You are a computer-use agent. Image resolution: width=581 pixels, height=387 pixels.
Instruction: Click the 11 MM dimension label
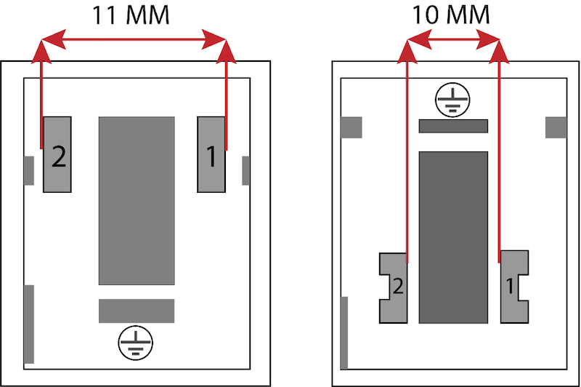pyautogui.click(x=131, y=15)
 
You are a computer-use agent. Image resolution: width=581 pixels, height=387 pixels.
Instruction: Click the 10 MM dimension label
pyautogui.click(x=450, y=15)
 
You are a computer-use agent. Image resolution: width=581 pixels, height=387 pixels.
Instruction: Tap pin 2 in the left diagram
pyautogui.click(x=57, y=154)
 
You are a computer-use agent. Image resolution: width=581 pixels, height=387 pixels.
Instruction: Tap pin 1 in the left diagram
pyautogui.click(x=211, y=154)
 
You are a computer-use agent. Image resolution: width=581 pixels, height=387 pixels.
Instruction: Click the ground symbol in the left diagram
pyautogui.click(x=136, y=343)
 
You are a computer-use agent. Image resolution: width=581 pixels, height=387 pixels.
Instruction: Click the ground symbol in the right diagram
pyautogui.click(x=452, y=100)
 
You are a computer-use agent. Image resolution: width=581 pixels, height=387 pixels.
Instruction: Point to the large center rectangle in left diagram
pyautogui.click(x=137, y=201)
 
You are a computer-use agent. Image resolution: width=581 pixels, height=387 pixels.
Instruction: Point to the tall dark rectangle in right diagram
pyautogui.click(x=453, y=237)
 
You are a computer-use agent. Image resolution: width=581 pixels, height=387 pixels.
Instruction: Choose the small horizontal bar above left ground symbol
pyautogui.click(x=137, y=311)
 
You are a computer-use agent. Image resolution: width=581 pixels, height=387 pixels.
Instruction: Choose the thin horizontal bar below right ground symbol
pyautogui.click(x=453, y=126)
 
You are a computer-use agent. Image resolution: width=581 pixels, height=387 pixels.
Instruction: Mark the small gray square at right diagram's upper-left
pyautogui.click(x=352, y=127)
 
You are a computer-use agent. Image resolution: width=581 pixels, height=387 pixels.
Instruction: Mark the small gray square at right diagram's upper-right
pyautogui.click(x=556, y=127)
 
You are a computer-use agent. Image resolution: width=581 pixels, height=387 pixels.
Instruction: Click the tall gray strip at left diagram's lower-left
pyautogui.click(x=29, y=324)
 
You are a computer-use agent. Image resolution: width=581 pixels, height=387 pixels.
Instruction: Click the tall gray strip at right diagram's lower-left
pyautogui.click(x=344, y=333)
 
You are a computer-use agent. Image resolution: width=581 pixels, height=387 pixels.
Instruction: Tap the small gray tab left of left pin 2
pyautogui.click(x=29, y=171)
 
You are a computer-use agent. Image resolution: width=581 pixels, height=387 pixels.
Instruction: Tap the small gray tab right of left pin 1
pyautogui.click(x=245, y=171)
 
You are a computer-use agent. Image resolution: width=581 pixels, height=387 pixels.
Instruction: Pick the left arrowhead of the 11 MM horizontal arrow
pyautogui.click(x=54, y=39)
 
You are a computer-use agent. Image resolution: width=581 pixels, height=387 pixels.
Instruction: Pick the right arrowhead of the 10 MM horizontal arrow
pyautogui.click(x=488, y=39)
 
